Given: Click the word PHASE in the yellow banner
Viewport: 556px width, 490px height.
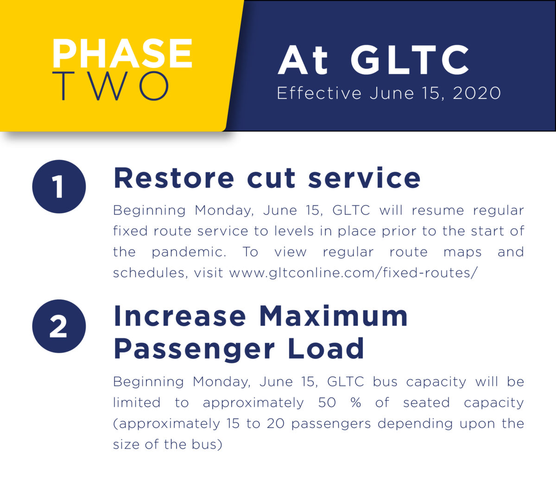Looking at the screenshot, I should [122, 53].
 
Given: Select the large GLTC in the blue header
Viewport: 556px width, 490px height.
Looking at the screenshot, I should [410, 60].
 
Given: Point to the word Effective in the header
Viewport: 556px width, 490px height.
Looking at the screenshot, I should [319, 93].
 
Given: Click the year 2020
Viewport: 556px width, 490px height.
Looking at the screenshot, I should [477, 93].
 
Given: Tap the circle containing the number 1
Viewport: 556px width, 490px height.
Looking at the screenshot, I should [59, 186].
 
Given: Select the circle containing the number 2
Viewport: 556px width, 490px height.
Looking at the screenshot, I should [59, 326].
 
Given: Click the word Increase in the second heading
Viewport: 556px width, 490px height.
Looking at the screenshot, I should [180, 316].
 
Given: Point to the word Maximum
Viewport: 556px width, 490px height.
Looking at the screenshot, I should [333, 316].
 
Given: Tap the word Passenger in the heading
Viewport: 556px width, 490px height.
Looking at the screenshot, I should [194, 349].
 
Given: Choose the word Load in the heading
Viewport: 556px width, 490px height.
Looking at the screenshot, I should [326, 349].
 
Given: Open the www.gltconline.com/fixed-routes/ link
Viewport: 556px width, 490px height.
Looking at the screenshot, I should [353, 273].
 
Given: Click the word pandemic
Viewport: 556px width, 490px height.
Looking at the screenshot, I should [189, 252].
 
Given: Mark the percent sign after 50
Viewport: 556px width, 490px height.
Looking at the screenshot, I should [356, 403].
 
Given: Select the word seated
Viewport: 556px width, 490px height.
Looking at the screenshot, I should [426, 403].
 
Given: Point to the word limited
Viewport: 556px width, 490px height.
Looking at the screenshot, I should [137, 403].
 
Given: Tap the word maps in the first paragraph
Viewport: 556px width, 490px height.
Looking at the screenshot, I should [462, 252].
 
